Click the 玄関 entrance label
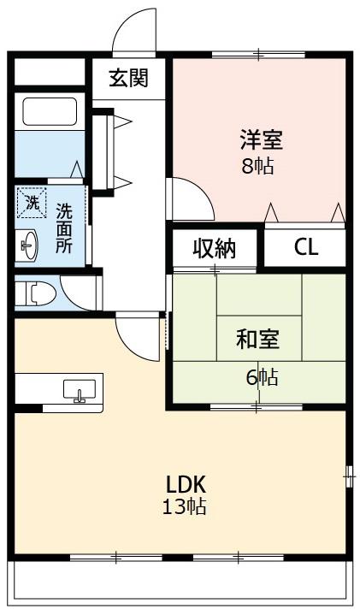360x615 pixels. pyautogui.click(x=128, y=78)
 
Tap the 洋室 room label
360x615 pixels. pyautogui.click(x=261, y=139)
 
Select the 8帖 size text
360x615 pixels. pyautogui.click(x=257, y=167)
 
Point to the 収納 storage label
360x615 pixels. pyautogui.click(x=214, y=248)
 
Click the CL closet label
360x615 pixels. pyautogui.click(x=306, y=247)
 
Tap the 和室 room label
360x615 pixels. pyautogui.click(x=257, y=339)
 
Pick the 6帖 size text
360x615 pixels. pyautogui.click(x=262, y=377)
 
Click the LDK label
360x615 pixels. pyautogui.click(x=186, y=485)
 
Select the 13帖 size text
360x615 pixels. pyautogui.click(x=185, y=506)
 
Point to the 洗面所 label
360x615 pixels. pyautogui.click(x=63, y=228)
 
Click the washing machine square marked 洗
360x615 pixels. pyautogui.click(x=32, y=203)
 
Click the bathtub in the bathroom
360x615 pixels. pyautogui.click(x=50, y=111)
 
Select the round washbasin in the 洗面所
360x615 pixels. pyautogui.click(x=28, y=245)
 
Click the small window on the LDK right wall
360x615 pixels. pyautogui.click(x=348, y=476)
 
